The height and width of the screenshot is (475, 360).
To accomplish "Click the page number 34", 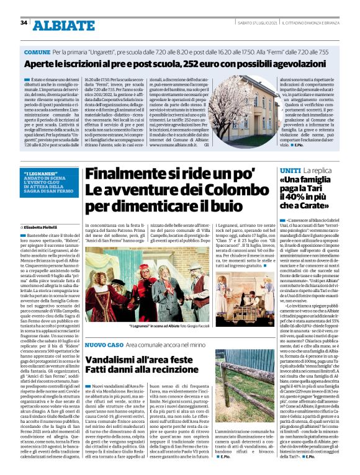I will pyautogui.click(x=24, y=23).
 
